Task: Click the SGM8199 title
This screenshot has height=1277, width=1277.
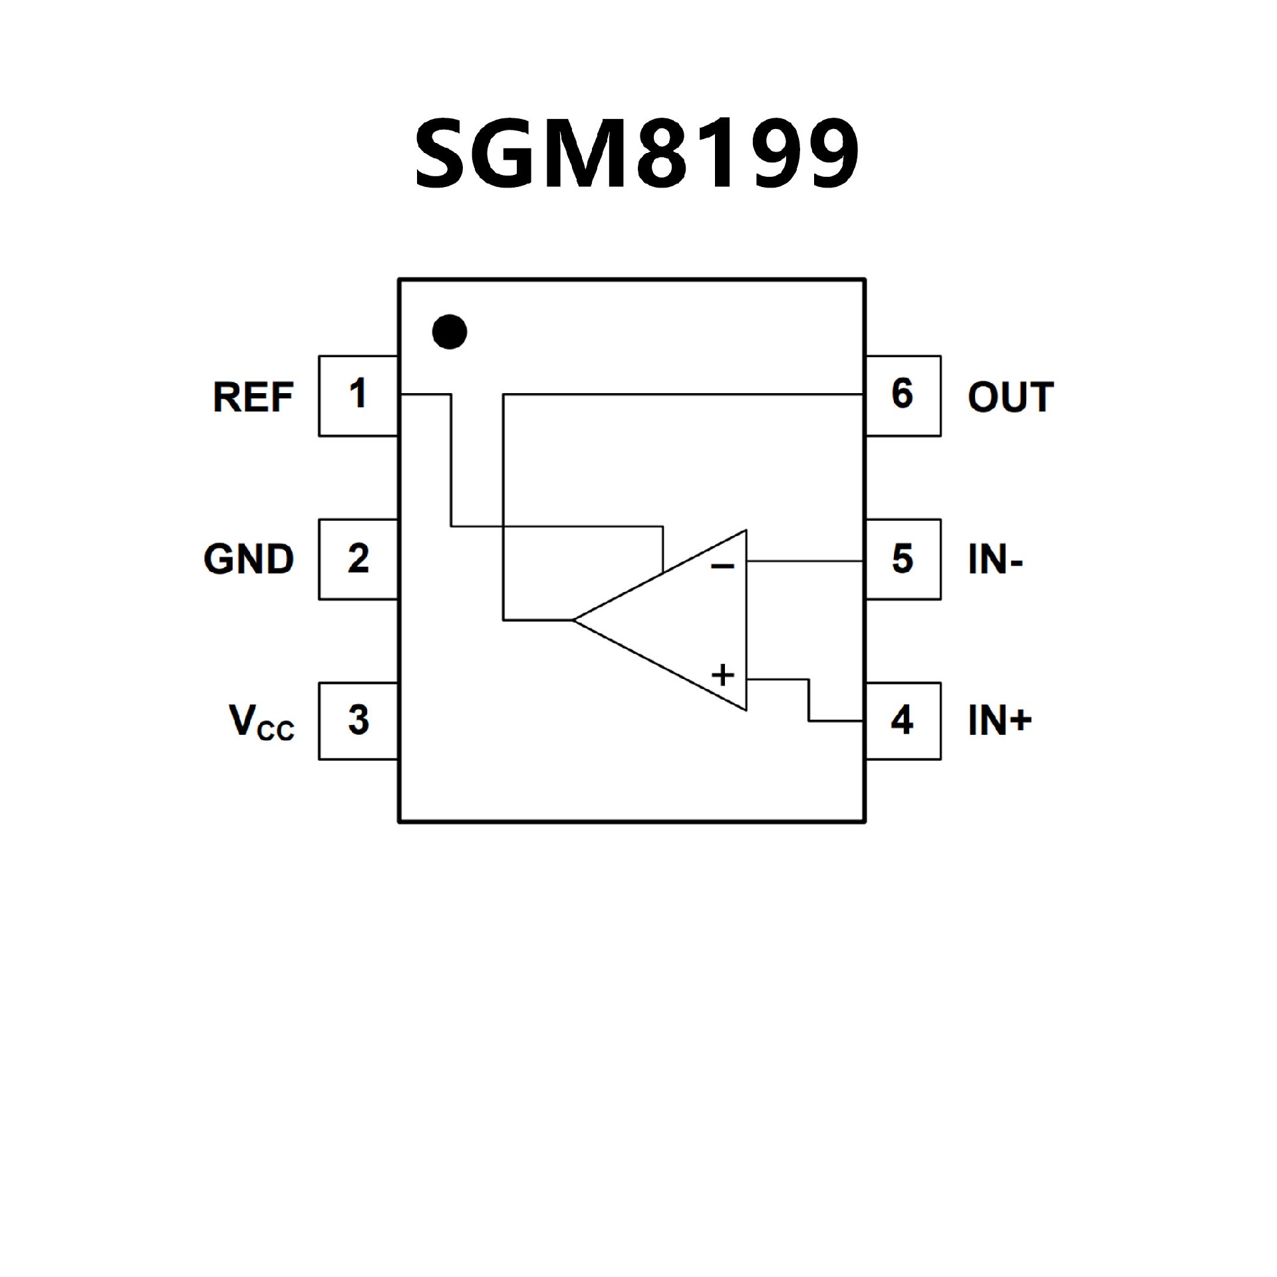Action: (637, 155)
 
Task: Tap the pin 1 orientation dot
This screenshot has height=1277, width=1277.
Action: (449, 331)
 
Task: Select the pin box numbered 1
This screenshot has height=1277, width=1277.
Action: (358, 396)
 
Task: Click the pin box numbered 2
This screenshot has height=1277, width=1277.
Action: (358, 559)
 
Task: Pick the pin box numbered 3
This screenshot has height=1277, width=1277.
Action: (358, 721)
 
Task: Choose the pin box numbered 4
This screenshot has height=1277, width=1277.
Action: (903, 721)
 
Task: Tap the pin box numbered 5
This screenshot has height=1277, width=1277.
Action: (903, 559)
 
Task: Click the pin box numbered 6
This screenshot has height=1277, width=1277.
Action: (903, 396)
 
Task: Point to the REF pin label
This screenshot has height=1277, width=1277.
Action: (253, 397)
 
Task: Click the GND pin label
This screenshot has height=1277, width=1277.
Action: (249, 559)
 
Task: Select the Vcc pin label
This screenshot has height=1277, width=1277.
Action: (261, 723)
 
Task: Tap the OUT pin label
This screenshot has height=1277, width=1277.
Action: (1010, 397)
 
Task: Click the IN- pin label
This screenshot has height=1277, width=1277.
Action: (995, 559)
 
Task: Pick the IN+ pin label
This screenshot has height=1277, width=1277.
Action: (1000, 721)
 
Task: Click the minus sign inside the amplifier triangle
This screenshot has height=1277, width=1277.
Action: (723, 567)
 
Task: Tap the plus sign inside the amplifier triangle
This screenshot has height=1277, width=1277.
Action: (723, 675)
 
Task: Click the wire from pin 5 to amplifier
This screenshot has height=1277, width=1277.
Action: (805, 561)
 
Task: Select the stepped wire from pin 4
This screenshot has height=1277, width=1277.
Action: (809, 700)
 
